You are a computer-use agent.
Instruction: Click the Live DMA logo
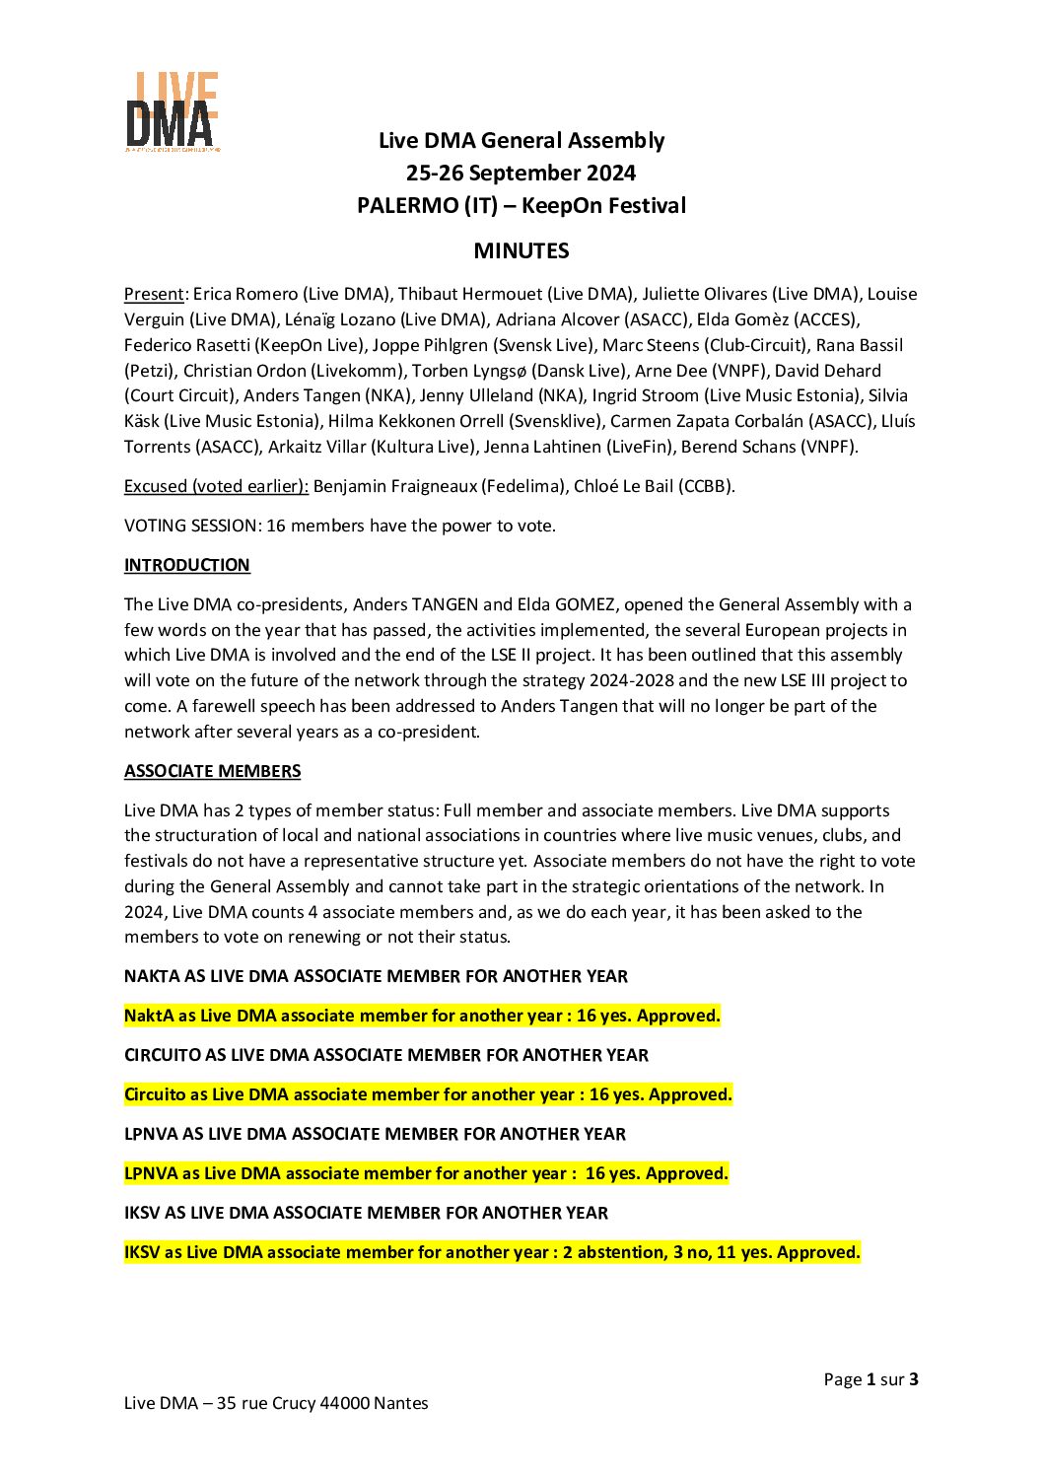[x=172, y=111]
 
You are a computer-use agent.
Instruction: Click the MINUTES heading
[x=521, y=250]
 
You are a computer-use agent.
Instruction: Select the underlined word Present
[x=154, y=294]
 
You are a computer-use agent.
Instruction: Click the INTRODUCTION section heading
[x=186, y=565]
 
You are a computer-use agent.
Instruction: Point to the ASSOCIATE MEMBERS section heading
[x=212, y=771]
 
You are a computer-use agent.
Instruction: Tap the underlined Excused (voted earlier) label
[x=216, y=486]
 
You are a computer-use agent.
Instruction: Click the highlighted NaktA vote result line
[x=422, y=1016]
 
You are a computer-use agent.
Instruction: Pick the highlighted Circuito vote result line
[x=428, y=1094]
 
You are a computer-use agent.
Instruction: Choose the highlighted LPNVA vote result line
[x=426, y=1173]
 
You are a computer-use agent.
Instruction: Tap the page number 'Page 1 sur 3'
[x=870, y=1379]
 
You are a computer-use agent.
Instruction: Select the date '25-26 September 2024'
[x=521, y=174]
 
